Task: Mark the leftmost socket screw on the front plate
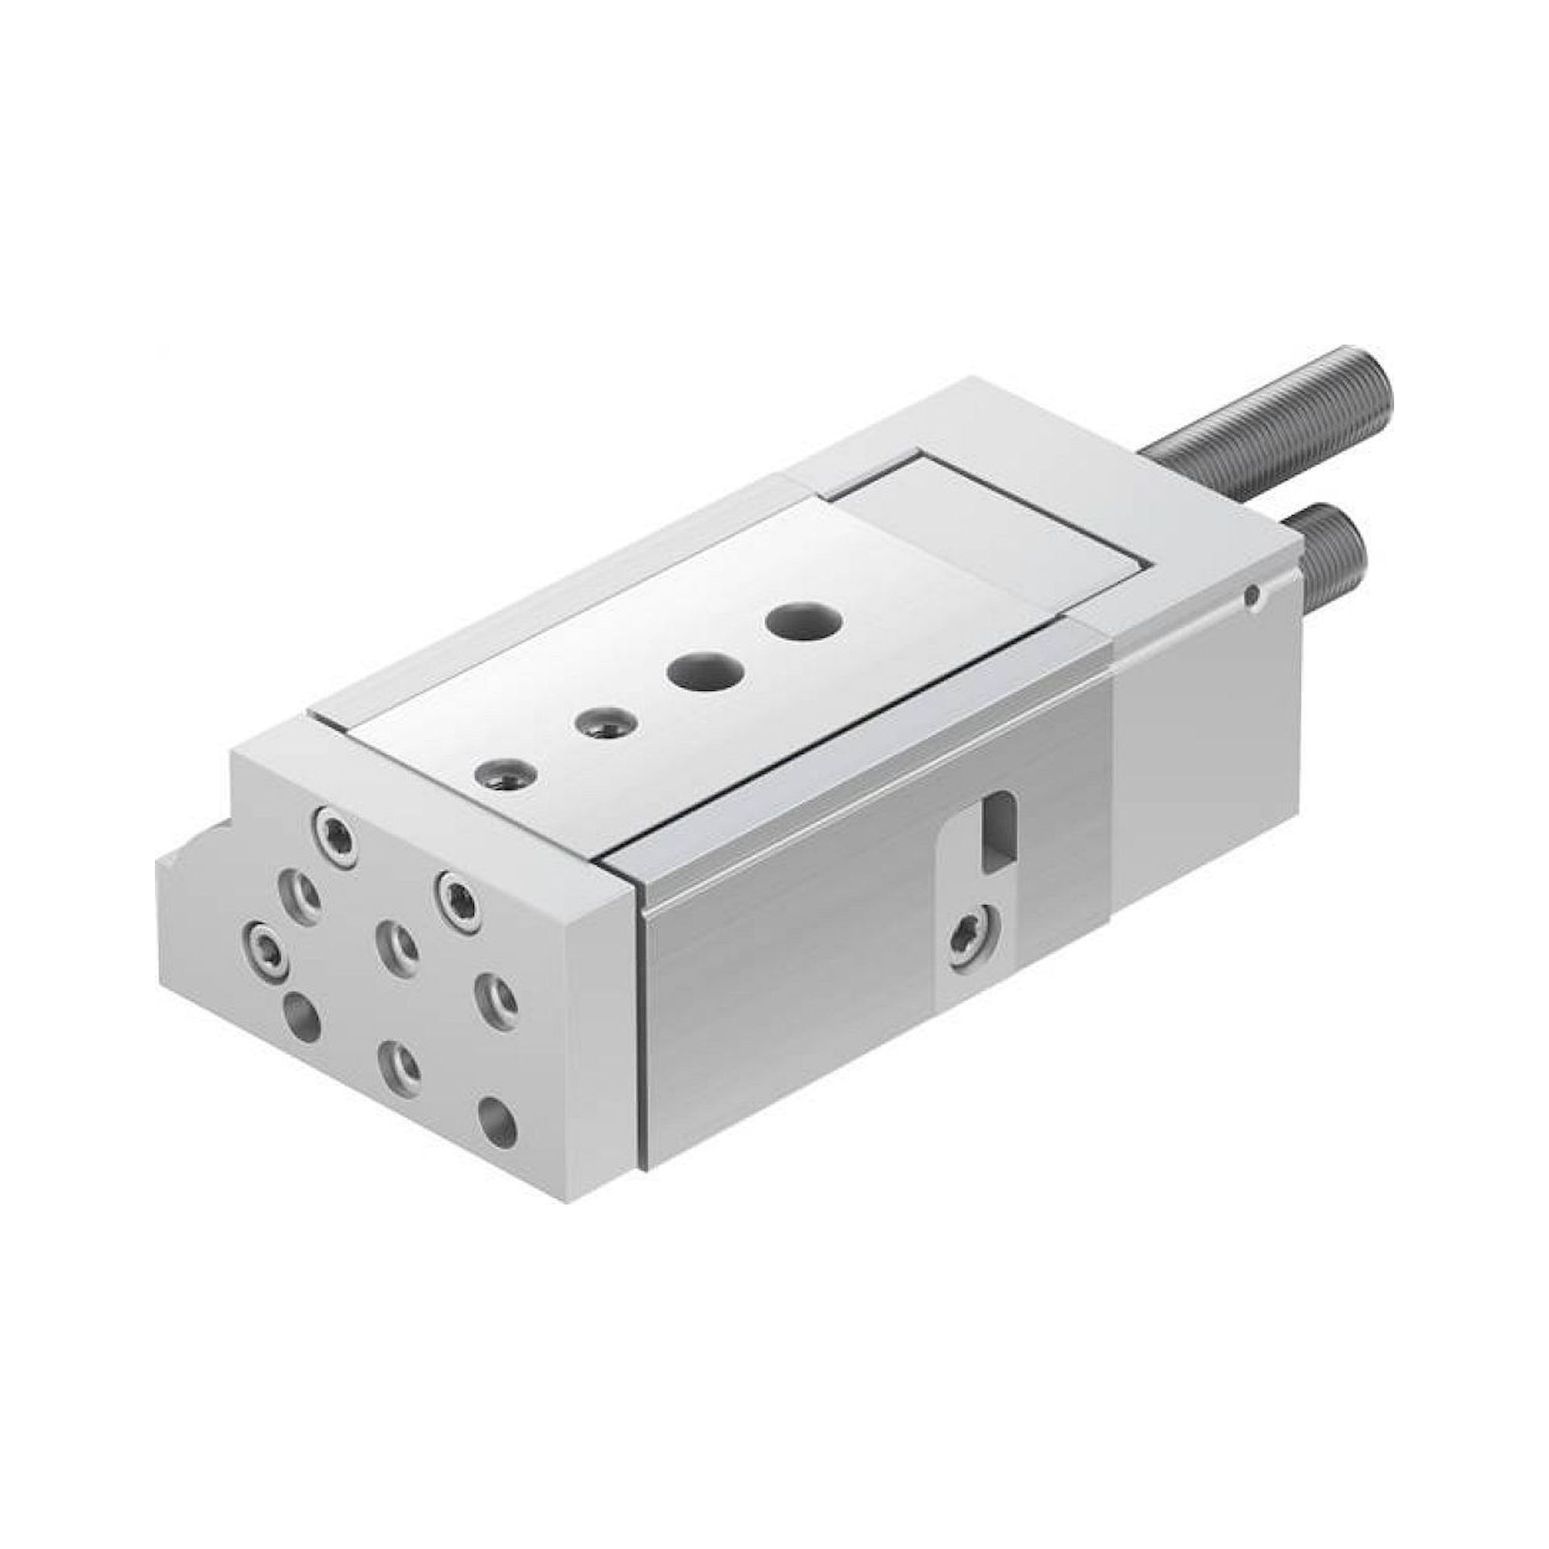click(266, 952)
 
